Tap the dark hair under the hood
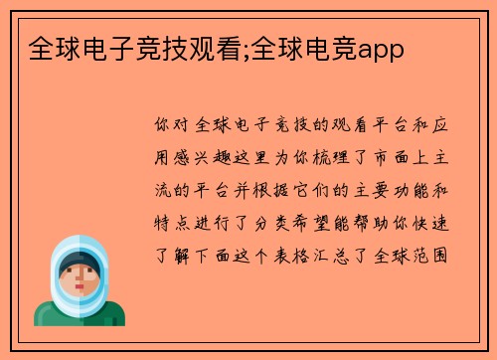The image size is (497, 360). pyautogui.click(x=79, y=256)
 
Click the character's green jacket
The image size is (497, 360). pyautogui.click(x=79, y=316)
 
